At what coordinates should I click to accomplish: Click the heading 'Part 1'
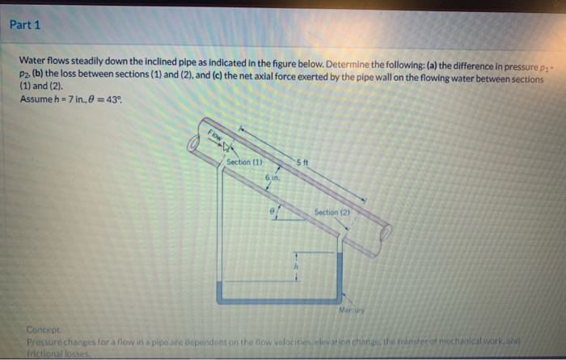coord(25,24)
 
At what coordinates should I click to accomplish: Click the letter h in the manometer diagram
coord(295,267)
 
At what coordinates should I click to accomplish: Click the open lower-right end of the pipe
coord(385,234)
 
